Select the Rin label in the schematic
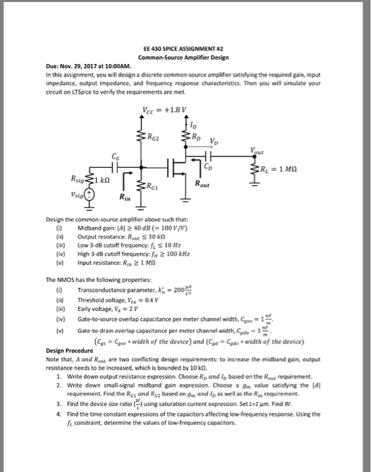(x=124, y=198)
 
